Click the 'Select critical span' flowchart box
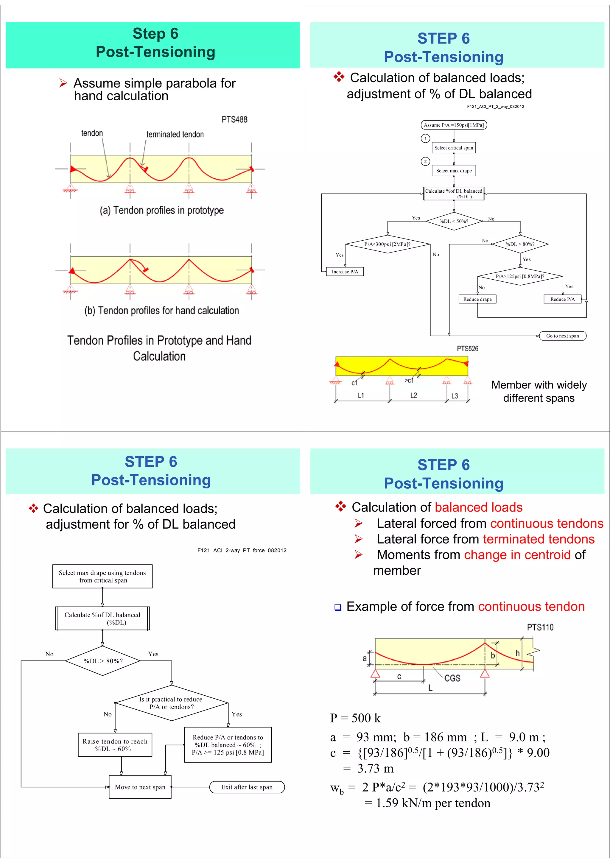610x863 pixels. (454, 148)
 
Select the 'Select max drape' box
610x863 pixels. (454, 171)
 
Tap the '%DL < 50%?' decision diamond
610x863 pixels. (454, 221)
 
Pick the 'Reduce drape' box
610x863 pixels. (477, 299)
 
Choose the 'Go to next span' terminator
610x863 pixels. (562, 336)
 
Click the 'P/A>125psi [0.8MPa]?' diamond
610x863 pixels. (520, 276)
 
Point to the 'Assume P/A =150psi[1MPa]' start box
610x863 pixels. (454, 125)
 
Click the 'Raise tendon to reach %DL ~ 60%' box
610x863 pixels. (115, 745)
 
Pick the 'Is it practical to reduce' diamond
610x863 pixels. (171, 703)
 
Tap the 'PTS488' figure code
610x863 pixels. (234, 119)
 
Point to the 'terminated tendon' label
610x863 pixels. (175, 135)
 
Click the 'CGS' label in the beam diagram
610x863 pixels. (452, 678)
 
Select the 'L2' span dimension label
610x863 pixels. (413, 395)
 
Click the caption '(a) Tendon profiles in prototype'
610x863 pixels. (162, 211)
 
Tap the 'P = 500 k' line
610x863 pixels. (355, 718)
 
